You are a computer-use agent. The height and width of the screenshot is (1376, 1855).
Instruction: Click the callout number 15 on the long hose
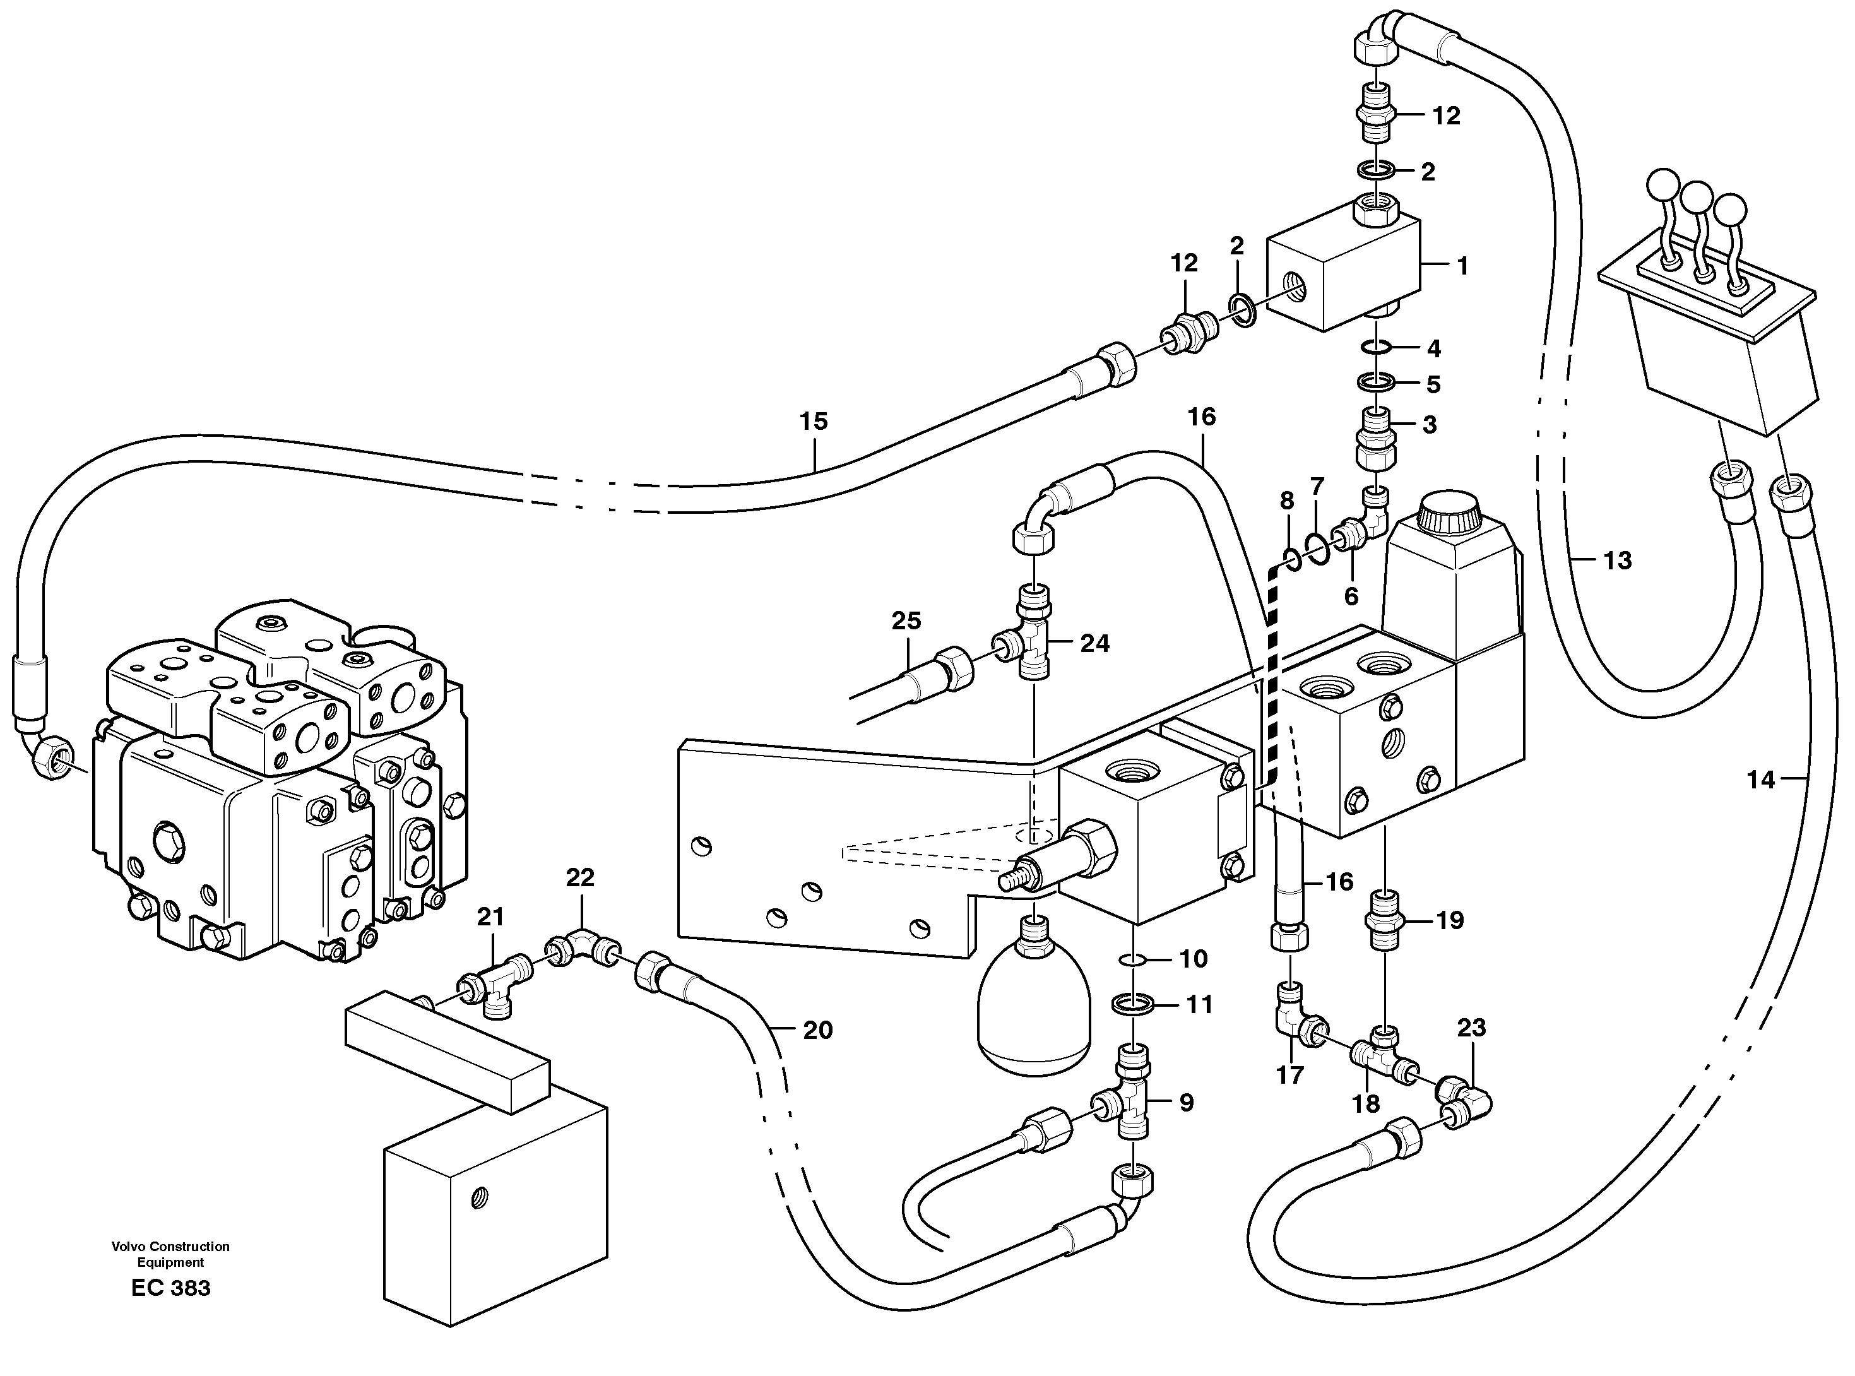pos(814,422)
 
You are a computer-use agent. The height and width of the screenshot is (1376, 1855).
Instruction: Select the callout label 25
pos(906,620)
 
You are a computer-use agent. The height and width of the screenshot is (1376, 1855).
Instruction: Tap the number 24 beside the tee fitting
pos(1094,643)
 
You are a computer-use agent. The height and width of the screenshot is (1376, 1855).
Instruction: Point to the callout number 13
pos(1617,560)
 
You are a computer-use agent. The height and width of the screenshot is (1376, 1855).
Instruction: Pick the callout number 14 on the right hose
pos(1761,780)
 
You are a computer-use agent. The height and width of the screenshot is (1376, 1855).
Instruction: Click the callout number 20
pos(817,1030)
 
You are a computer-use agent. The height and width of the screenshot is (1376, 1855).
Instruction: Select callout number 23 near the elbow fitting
pos(1471,1028)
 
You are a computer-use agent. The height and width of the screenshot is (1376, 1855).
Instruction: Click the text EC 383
pos(171,1288)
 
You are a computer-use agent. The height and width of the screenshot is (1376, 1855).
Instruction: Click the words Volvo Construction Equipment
pos(171,1254)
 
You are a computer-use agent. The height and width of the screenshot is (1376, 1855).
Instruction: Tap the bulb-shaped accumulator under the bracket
pos(1033,1012)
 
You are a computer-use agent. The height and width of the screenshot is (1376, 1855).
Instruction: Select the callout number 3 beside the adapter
pos(1430,425)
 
